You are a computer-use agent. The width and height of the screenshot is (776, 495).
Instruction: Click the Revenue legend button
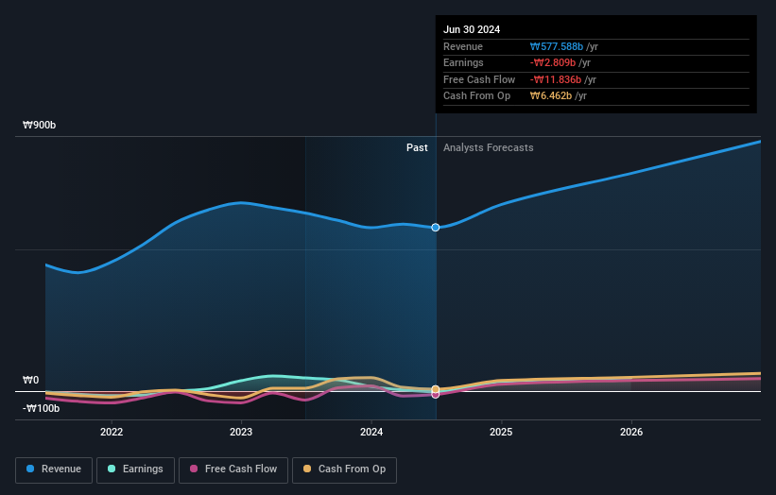[x=54, y=469]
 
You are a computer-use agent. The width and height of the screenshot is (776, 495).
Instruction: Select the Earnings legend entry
[x=135, y=469]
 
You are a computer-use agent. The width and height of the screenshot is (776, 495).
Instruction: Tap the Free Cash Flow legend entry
[x=233, y=469]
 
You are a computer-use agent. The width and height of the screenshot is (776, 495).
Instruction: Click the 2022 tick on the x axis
[x=112, y=432]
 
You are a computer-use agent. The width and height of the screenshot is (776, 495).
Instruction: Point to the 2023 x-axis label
[x=241, y=432]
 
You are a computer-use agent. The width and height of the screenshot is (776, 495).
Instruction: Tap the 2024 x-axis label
[x=371, y=432]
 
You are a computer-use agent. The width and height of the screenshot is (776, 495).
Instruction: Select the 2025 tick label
[x=501, y=432]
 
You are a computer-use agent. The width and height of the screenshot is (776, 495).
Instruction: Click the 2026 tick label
[x=631, y=432]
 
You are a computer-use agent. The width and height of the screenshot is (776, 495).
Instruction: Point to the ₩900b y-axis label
[x=40, y=125]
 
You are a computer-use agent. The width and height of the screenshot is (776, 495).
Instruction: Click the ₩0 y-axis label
[x=31, y=380]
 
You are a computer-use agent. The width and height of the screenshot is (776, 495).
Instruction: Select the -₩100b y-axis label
[x=42, y=408]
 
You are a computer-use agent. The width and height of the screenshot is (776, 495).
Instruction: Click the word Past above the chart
[x=417, y=147]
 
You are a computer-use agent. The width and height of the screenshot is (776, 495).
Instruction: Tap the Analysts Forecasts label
[x=488, y=147]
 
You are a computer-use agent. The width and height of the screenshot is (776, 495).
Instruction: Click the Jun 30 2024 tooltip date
[x=472, y=29]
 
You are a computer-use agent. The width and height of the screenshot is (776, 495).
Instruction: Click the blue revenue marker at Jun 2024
[x=436, y=228]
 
